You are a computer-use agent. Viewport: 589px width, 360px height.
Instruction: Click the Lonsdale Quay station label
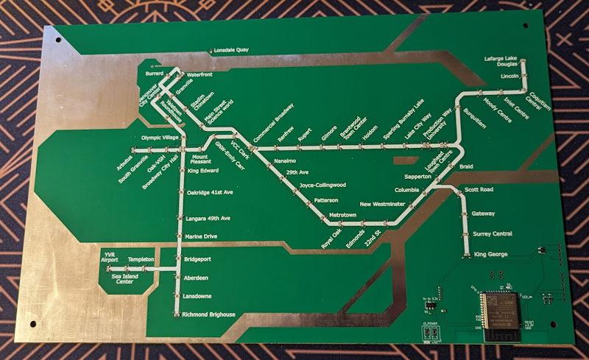(231, 50)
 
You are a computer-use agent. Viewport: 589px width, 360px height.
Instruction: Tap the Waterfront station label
(200, 75)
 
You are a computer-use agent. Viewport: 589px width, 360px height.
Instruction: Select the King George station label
(490, 255)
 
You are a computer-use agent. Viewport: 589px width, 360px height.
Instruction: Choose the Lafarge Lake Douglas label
(502, 61)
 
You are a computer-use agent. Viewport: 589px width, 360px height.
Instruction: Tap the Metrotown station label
(343, 214)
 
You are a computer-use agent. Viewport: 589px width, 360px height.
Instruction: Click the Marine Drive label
(202, 236)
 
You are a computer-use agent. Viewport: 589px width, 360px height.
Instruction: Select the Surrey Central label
(492, 233)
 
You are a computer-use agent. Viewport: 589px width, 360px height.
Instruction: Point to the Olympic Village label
(159, 138)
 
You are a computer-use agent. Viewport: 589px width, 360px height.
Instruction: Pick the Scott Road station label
(479, 191)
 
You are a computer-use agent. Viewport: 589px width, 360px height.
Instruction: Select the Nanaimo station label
(284, 160)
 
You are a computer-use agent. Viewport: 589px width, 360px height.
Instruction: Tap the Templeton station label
(141, 260)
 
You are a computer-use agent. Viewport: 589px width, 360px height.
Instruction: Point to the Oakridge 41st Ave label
(210, 192)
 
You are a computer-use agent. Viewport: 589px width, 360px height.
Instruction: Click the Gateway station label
(483, 213)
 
